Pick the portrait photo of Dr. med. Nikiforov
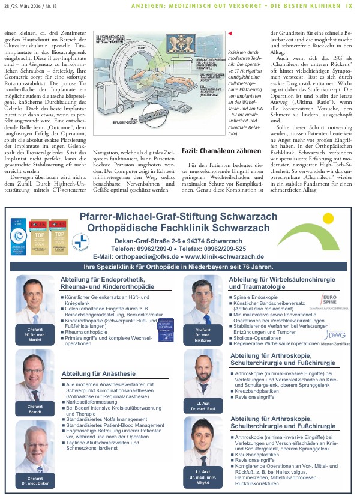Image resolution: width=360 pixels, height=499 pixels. (203, 306)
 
